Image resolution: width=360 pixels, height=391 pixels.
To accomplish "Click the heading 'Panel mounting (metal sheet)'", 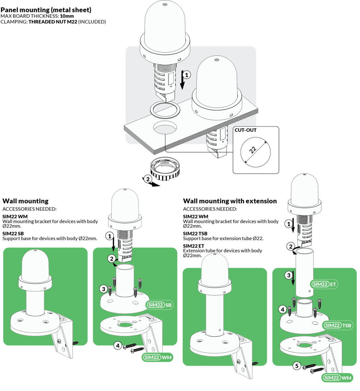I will coord(46,10).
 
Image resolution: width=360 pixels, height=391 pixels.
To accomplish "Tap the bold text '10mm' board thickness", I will coord(67,16).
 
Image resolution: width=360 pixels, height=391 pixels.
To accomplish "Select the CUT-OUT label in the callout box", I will coord(246,130).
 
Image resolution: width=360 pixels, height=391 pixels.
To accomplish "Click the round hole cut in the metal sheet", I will coord(165,127).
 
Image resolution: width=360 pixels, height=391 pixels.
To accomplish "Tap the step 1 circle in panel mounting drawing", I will coord(187,75).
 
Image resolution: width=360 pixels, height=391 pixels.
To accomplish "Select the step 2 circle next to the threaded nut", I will coord(148,179).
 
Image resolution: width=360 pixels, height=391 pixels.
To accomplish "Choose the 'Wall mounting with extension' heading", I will coord(230,201).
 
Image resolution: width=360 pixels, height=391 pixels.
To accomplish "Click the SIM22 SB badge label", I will coord(159,305).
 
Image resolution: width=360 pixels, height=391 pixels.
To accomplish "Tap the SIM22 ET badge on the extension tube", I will coord(324,284).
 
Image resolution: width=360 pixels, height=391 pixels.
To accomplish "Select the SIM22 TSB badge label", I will coord(337,325).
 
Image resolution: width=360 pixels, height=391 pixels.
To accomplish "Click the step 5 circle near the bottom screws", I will coord(297,366).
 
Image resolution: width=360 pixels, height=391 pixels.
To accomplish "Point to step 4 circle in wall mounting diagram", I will coord(118,345).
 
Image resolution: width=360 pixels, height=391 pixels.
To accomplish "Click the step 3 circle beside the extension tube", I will coord(288,275).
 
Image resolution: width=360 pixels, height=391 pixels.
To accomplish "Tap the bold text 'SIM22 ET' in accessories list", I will coord(193,246).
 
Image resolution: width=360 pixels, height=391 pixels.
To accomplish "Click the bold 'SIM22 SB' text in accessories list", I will coord(13,234).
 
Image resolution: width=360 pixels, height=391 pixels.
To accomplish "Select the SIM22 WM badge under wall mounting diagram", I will coord(157,357).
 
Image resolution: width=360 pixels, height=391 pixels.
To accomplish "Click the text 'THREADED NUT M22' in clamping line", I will coord(53,22).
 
